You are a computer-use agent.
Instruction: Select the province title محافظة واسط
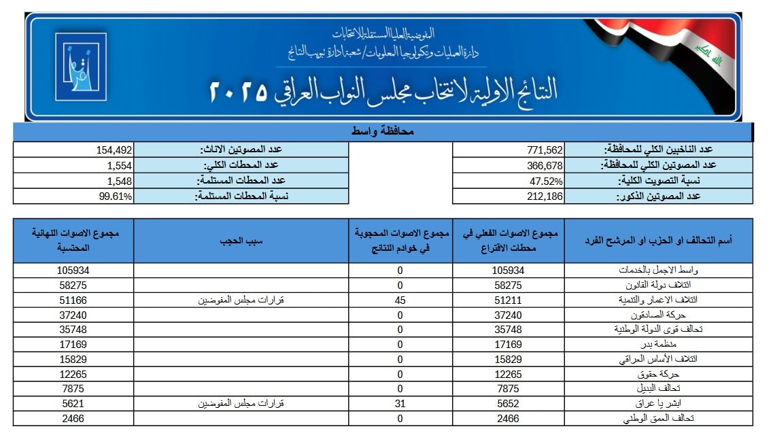[383, 131]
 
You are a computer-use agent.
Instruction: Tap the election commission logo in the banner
[80, 67]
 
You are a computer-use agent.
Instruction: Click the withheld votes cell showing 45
[400, 300]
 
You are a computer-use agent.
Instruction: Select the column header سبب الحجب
[241, 241]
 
